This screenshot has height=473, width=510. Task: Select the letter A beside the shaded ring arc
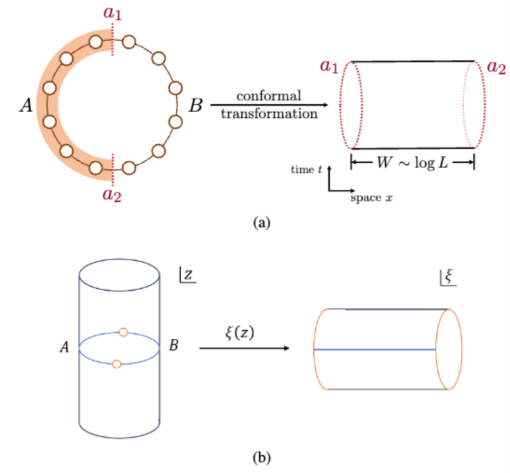point(26,105)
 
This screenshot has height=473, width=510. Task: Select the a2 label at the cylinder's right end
point(496,66)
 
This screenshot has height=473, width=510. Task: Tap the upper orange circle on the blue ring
point(123,332)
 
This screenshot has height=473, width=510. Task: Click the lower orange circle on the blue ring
point(116,364)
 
